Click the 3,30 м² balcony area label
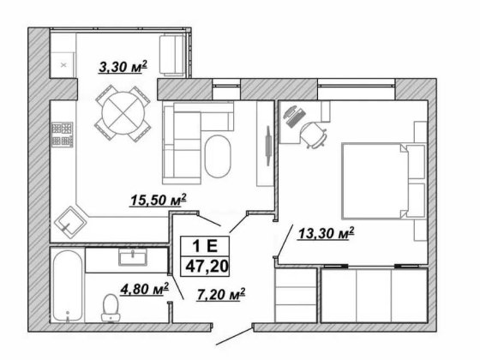point(123,67)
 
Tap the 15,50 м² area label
point(159,200)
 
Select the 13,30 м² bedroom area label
point(327,233)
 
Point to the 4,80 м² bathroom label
point(145,289)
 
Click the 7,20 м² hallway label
point(221,294)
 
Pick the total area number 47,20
point(207,266)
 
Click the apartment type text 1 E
point(205,245)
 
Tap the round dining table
point(123,113)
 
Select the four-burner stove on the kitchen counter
point(62,135)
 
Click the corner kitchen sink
point(69,222)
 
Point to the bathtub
point(68,285)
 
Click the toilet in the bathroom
point(111,308)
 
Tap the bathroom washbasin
point(133,257)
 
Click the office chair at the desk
point(314,134)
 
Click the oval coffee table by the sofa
point(218,156)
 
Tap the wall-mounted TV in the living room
point(268,146)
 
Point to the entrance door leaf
point(235,337)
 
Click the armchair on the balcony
point(172,55)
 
